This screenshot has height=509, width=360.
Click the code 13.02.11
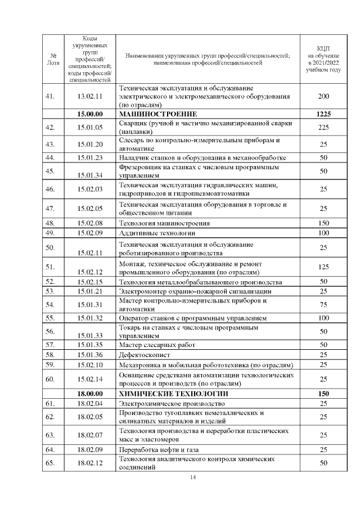point(90,96)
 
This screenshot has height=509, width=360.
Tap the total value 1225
point(323,114)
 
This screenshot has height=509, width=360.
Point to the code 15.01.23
point(90,157)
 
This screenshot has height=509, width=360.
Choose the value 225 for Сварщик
point(323,128)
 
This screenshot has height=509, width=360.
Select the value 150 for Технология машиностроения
point(323,223)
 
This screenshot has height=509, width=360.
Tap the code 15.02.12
point(90,272)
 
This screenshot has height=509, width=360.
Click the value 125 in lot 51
point(323,267)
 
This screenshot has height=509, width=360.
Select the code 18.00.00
point(90,394)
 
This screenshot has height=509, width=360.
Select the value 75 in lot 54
point(323,304)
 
